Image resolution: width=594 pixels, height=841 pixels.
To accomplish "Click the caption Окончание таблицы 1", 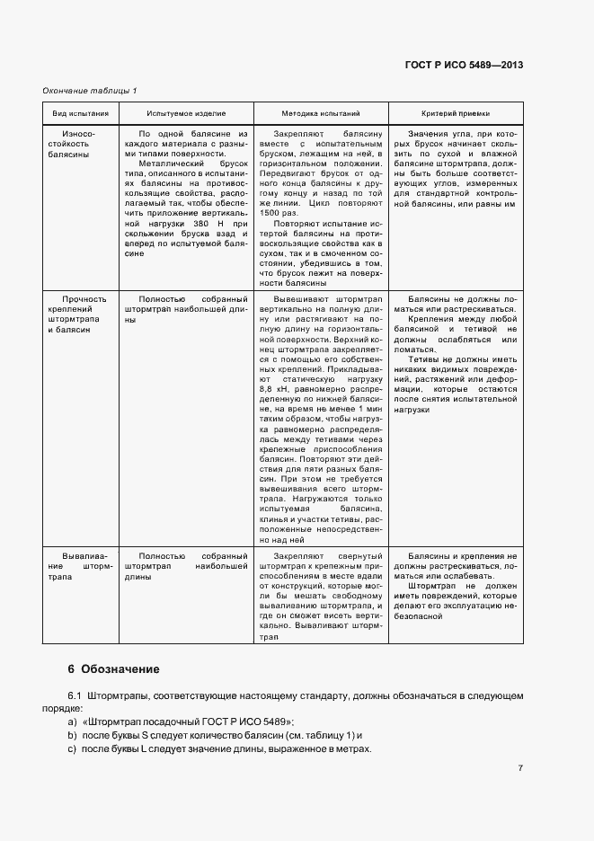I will [90, 91].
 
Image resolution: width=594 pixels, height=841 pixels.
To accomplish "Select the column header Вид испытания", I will [81, 114].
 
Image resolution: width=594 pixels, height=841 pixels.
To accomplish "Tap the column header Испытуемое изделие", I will [186, 114].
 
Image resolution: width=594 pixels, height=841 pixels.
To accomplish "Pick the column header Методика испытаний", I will [320, 114].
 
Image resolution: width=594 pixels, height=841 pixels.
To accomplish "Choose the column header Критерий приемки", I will [456, 114].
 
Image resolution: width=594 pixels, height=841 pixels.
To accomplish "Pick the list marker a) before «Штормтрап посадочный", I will [73, 723].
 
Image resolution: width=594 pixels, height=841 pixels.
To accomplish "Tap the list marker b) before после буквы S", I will [73, 737].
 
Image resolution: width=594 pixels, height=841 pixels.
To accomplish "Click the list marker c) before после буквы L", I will [73, 750].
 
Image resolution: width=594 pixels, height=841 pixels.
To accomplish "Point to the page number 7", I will [520, 768].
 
